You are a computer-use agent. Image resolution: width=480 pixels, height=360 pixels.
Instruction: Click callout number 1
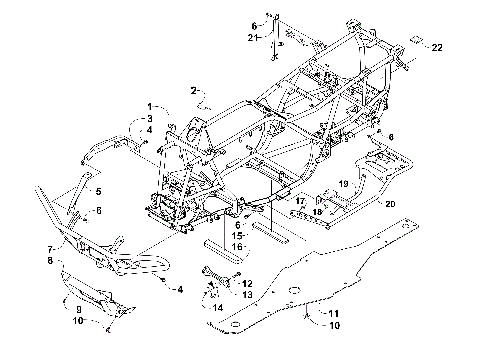149,106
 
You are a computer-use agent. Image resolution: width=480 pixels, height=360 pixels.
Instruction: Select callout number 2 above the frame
192,90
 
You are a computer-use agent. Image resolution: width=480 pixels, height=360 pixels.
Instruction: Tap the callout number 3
149,119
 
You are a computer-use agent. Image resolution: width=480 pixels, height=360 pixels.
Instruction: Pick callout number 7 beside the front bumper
49,249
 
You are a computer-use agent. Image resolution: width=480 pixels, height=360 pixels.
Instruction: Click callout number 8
49,260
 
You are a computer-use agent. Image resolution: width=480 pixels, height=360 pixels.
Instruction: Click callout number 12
248,284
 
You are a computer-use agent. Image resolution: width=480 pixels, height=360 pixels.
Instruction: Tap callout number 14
214,308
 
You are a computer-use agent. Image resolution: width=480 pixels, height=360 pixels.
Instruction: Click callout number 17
298,201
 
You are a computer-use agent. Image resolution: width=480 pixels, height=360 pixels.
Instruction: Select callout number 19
342,185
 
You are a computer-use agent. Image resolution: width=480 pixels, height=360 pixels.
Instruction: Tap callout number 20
391,203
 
